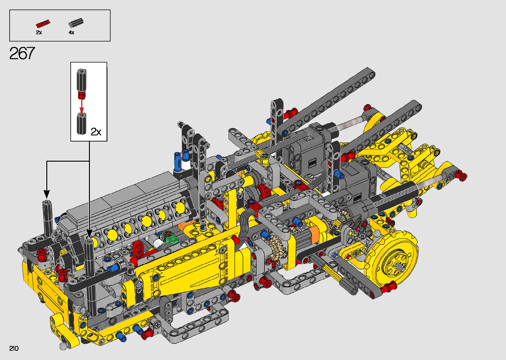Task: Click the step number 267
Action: tap(22, 53)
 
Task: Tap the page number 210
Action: tap(14, 348)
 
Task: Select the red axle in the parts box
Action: tap(43, 23)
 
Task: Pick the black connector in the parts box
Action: tap(76, 22)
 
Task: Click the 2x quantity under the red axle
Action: tap(39, 32)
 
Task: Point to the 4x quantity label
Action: tap(71, 32)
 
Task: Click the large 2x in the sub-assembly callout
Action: tap(96, 132)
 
